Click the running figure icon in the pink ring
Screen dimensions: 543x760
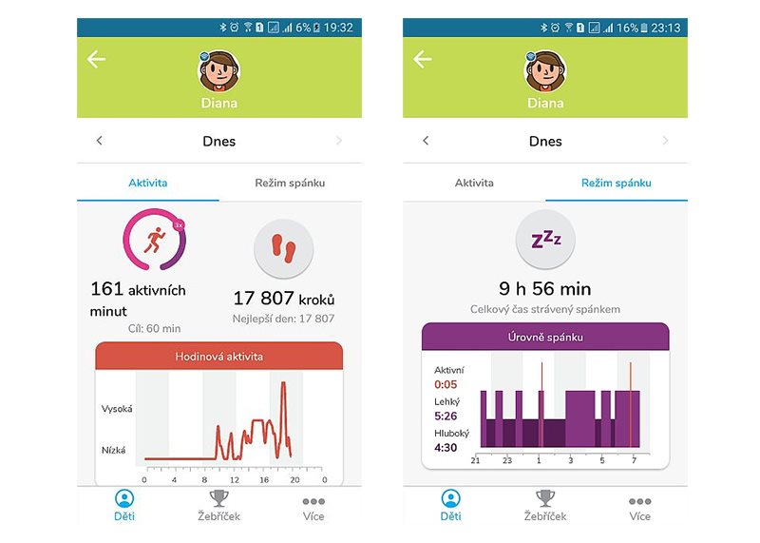click(153, 241)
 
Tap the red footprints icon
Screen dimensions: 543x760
click(284, 249)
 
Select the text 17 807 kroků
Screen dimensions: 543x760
click(284, 299)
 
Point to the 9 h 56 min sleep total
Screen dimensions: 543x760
click(544, 288)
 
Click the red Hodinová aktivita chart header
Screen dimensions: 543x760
click(218, 357)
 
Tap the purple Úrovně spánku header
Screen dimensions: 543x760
click(545, 338)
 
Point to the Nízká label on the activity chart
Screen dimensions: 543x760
click(113, 450)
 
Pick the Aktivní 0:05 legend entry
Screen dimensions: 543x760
click(448, 377)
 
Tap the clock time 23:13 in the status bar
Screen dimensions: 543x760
click(664, 28)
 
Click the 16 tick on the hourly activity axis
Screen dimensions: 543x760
click(263, 479)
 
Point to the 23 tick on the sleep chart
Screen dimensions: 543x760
click(507, 461)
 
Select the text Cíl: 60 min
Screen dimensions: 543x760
click(153, 328)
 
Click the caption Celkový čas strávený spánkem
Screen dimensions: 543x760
click(544, 309)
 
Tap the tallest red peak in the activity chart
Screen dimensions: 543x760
click(282, 383)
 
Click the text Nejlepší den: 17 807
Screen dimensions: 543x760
click(284, 319)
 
